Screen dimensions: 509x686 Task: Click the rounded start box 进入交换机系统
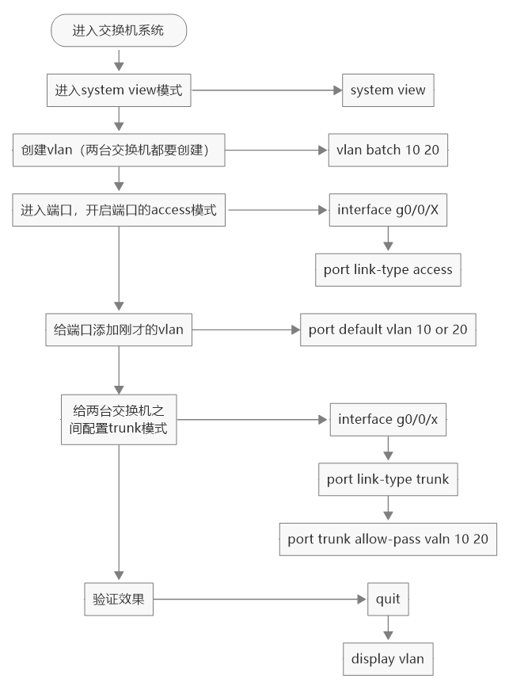[119, 30]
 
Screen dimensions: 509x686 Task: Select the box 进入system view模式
[119, 90]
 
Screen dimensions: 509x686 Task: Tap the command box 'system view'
[388, 90]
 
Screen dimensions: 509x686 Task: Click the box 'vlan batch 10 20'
[388, 150]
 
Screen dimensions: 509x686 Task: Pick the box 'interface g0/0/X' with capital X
[388, 210]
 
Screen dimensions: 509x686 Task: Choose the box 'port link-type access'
[388, 270]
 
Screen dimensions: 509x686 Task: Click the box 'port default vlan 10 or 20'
[388, 330]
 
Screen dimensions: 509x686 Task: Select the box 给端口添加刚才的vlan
[119, 330]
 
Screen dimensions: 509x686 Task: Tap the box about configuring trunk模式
[119, 420]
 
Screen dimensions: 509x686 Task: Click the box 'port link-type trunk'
[388, 479]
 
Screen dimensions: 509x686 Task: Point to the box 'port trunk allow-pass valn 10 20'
[388, 539]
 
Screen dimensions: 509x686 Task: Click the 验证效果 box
[119, 600]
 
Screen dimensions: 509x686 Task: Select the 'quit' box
[388, 600]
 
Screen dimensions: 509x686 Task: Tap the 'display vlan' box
[388, 659]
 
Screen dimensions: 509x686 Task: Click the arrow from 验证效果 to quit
[260, 600]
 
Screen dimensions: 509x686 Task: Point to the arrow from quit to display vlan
[388, 628]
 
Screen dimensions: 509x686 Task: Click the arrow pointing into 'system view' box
[268, 90]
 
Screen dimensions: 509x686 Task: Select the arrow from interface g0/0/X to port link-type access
[388, 239]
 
